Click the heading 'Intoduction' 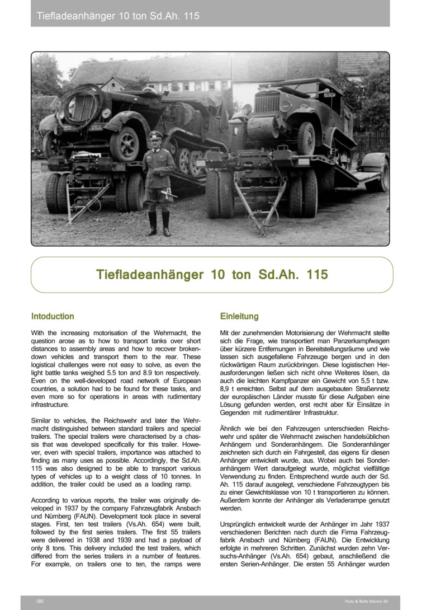point(53,316)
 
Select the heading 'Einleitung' point(239,316)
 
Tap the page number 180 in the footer point(39,601)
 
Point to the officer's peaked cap point(155,135)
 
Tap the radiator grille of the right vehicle point(267,103)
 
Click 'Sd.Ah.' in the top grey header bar point(163,16)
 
